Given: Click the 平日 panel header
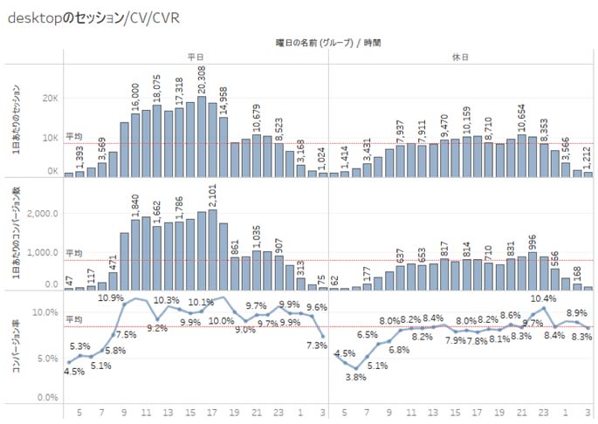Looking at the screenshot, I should (196, 55).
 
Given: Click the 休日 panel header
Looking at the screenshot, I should (461, 55).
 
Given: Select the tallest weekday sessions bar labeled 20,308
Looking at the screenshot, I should (202, 136).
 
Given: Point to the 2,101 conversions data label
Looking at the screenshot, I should (213, 196).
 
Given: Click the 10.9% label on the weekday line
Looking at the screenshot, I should (111, 297).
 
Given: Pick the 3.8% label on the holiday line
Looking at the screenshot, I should (356, 378).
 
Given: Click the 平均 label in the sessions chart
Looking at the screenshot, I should (74, 137).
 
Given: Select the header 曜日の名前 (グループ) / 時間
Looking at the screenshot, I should (329, 41).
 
